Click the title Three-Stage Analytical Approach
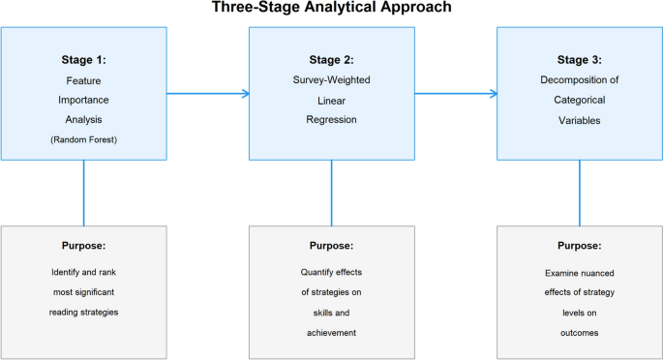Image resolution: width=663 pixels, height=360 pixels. tap(331, 9)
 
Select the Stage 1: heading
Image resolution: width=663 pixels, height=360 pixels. tap(83, 59)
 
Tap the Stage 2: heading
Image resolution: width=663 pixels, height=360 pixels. tap(331, 59)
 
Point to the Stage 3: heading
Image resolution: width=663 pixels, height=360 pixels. tap(580, 59)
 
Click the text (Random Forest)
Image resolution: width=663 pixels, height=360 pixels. tap(83, 139)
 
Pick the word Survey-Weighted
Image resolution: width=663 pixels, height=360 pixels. tap(331, 80)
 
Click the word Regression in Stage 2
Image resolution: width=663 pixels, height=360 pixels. tap(331, 120)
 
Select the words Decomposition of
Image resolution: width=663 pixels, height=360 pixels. tap(580, 80)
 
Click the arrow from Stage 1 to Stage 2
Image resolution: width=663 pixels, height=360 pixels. tap(208, 94)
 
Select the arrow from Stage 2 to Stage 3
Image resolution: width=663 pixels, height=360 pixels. tap(456, 94)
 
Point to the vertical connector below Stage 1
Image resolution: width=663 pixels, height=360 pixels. tap(83, 193)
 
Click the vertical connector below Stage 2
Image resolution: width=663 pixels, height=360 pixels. tap(331, 193)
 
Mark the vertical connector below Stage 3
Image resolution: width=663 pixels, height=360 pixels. tap(580, 193)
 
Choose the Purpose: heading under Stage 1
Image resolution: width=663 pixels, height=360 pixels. tap(83, 246)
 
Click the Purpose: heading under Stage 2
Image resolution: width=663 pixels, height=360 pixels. tap(331, 246)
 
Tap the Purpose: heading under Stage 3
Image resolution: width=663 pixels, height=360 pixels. tap(580, 246)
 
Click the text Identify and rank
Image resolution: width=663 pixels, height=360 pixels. tap(83, 272)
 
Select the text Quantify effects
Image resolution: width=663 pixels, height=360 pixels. tap(331, 272)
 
